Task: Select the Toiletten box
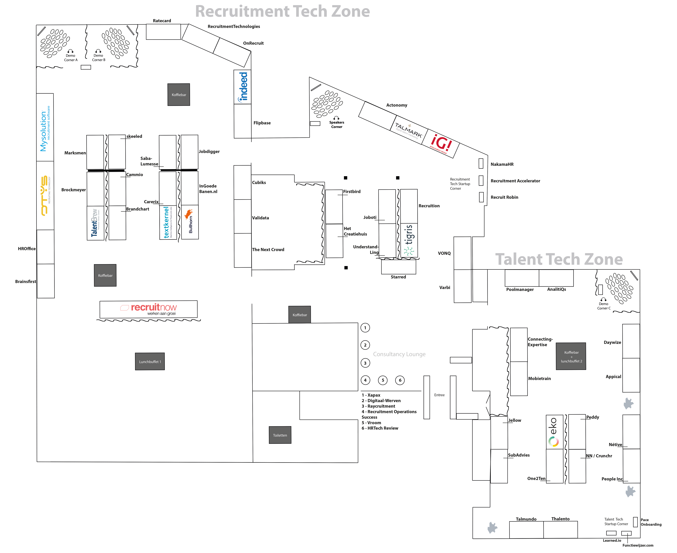pyautogui.click(x=280, y=435)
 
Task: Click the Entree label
pyautogui.click(x=439, y=395)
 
